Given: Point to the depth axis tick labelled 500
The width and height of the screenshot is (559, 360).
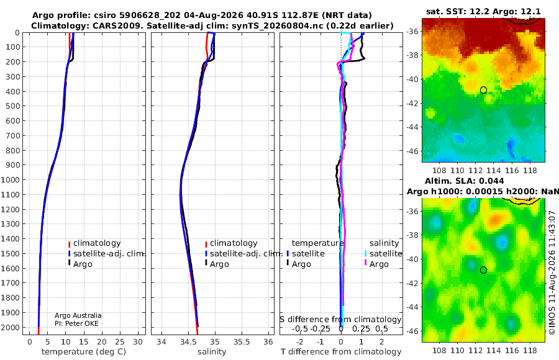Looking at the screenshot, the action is click(12, 106).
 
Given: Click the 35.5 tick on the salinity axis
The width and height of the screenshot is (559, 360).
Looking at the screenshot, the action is click(242, 342).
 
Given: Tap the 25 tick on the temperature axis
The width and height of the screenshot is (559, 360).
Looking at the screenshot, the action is click(120, 342).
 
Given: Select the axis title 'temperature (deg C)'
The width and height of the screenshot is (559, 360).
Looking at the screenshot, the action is click(84, 352).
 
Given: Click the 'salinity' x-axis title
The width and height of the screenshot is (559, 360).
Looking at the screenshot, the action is click(212, 352).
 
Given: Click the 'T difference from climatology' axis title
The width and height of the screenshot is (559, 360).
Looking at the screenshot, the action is click(341, 352).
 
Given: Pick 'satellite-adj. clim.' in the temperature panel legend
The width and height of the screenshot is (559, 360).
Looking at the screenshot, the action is click(109, 254).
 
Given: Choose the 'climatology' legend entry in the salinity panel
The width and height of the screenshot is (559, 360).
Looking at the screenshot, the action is click(234, 243).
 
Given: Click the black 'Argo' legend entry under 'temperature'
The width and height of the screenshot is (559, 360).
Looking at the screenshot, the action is click(301, 264).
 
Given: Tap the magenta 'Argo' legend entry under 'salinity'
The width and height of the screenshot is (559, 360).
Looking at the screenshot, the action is click(379, 264).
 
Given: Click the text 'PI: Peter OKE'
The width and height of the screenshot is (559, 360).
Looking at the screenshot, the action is click(76, 323).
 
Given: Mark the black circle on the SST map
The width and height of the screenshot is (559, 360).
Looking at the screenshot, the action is click(483, 90).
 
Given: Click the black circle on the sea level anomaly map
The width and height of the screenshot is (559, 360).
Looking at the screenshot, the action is click(483, 270).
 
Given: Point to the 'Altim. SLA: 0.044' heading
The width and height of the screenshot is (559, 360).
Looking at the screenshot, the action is click(464, 181).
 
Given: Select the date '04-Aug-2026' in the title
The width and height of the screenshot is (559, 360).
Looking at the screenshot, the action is click(214, 16).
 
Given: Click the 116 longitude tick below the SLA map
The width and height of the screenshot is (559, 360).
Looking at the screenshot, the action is click(512, 350).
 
